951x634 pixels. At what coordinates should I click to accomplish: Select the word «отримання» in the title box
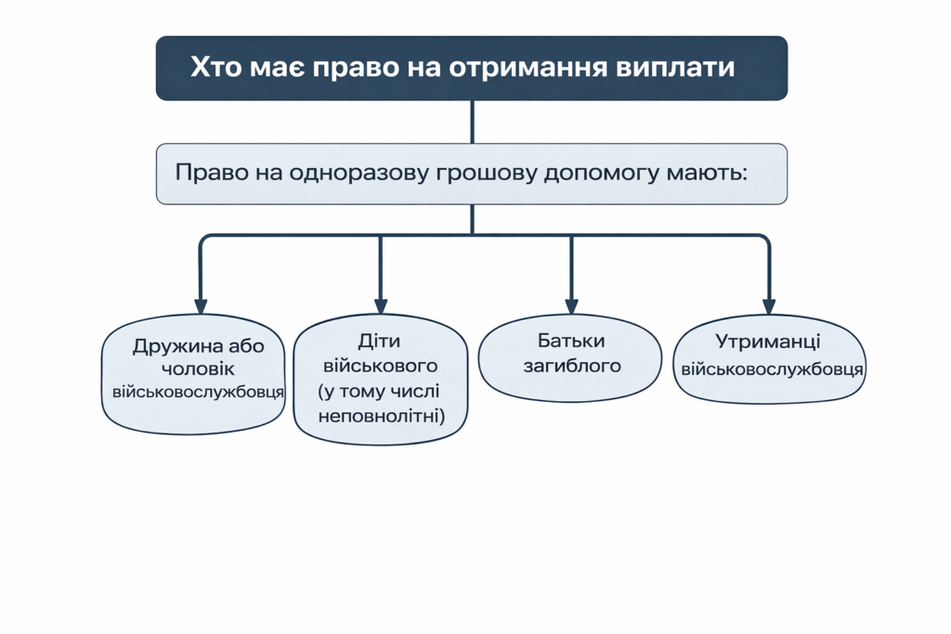tap(532, 68)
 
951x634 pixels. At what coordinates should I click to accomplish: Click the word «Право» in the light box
tap(205, 173)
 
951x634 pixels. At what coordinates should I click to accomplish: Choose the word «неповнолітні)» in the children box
tap(381, 415)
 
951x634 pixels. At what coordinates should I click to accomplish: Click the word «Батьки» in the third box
tap(570, 341)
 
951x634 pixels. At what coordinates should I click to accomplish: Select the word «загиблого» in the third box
tap(571, 365)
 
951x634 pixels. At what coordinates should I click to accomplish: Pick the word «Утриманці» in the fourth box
tap(768, 343)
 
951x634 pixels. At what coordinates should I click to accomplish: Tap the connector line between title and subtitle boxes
tap(473, 122)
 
